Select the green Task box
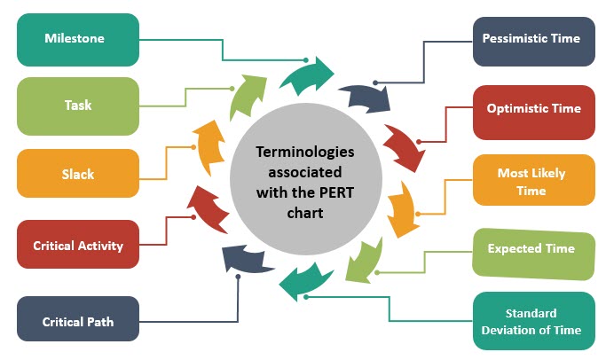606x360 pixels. click(78, 105)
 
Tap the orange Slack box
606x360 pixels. click(78, 173)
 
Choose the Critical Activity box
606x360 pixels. click(78, 245)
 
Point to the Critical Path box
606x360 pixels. click(78, 320)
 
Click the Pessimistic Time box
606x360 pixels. click(531, 40)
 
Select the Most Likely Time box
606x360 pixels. click(533, 181)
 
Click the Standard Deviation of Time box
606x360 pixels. click(531, 321)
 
